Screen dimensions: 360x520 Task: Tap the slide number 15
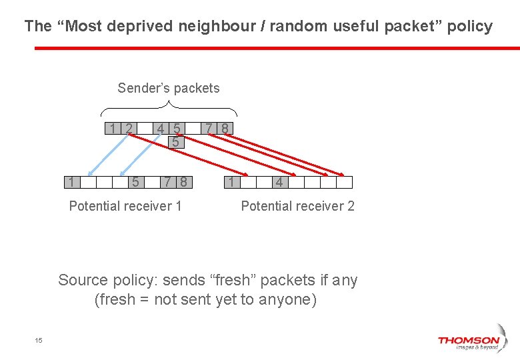[x=39, y=341]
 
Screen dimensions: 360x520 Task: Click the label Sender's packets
[x=168, y=88]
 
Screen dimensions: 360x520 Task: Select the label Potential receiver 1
[x=125, y=206]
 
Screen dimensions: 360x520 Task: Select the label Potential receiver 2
[x=297, y=206]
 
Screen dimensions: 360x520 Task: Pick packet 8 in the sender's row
[x=225, y=128]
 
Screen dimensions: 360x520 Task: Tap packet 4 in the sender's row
[x=161, y=128]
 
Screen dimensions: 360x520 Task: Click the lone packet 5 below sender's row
[x=175, y=142]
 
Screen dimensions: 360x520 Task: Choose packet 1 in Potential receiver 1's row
[x=71, y=182]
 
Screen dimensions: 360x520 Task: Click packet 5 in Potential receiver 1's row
[x=135, y=182]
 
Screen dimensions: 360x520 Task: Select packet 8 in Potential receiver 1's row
[x=183, y=182]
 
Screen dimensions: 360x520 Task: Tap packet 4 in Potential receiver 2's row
[x=279, y=182]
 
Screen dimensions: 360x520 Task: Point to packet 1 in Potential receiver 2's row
[x=231, y=182]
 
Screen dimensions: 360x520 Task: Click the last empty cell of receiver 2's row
[x=344, y=182]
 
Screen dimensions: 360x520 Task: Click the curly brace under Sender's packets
[x=169, y=107]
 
